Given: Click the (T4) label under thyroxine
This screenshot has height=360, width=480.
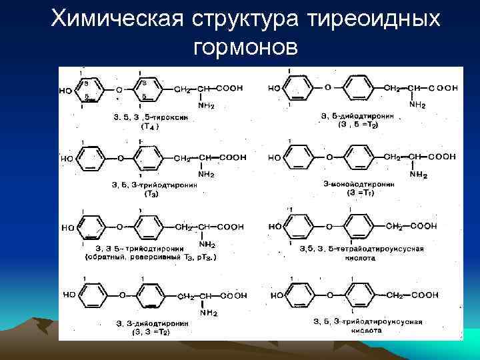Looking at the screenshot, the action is click(148, 125).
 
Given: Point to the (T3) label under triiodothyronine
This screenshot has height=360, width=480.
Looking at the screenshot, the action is click(151, 194).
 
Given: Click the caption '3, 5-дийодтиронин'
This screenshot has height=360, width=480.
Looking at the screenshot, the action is click(357, 116).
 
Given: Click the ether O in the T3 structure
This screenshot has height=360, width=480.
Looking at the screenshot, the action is click(120, 159).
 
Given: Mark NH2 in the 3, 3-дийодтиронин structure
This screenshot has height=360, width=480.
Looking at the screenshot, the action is click(206, 309).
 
